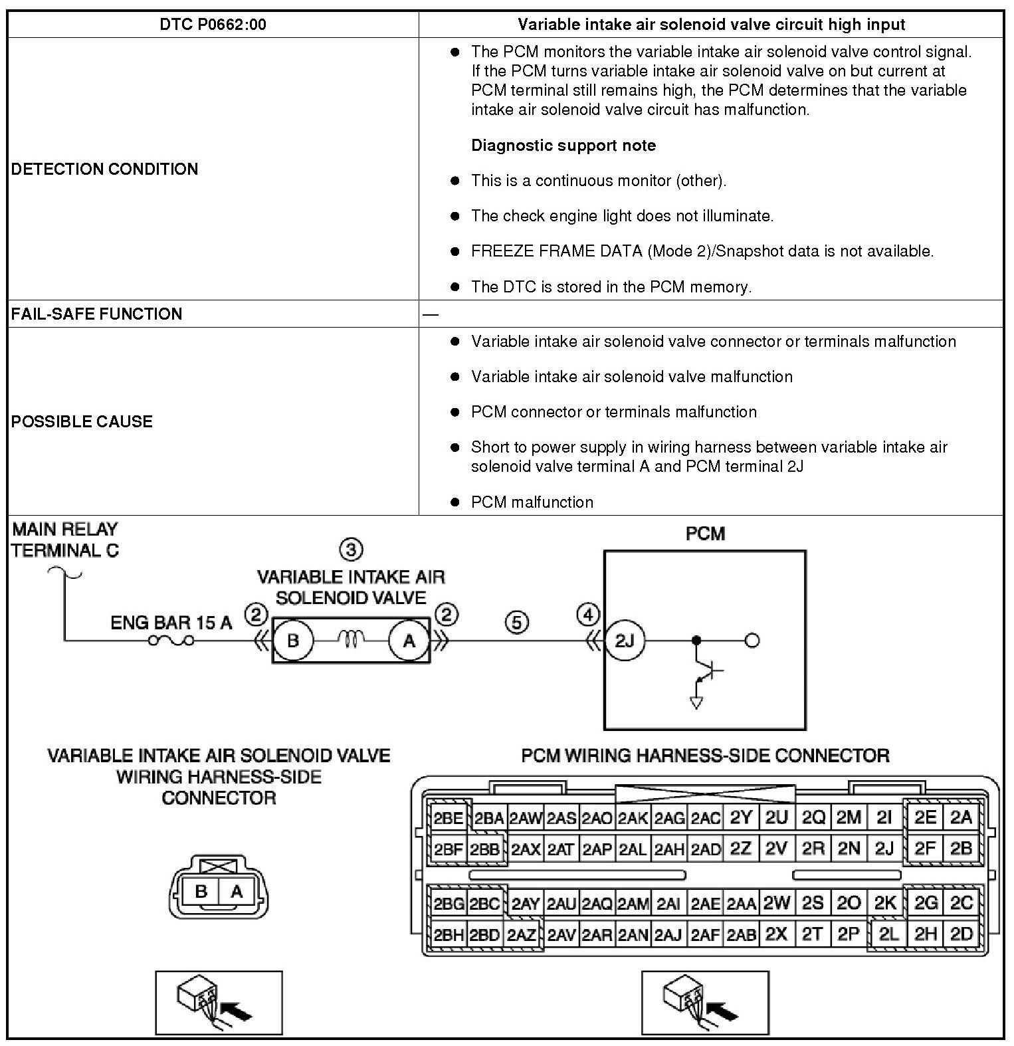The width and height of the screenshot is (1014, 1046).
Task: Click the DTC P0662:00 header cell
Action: pyautogui.click(x=213, y=25)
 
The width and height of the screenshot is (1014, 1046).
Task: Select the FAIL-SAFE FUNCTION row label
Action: pyautogui.click(x=96, y=314)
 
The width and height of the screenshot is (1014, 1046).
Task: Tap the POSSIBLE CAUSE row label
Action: pyautogui.click(x=82, y=421)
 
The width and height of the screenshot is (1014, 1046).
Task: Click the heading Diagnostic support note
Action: pyautogui.click(x=563, y=146)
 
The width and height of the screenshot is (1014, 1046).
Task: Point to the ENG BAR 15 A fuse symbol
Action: pyautogui.click(x=171, y=641)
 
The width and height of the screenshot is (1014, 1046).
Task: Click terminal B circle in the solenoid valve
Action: pyautogui.click(x=293, y=641)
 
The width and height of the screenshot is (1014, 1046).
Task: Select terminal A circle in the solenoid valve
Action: pyautogui.click(x=409, y=641)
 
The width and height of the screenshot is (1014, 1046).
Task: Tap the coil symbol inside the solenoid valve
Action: pyautogui.click(x=351, y=639)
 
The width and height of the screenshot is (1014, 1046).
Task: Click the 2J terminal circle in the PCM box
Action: pyautogui.click(x=624, y=641)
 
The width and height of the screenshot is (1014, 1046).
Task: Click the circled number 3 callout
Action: pyautogui.click(x=351, y=550)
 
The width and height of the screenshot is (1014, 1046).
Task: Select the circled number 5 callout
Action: pyautogui.click(x=517, y=623)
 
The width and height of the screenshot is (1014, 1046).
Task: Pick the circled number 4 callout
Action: pyautogui.click(x=588, y=615)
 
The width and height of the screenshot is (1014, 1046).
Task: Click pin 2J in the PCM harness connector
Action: pyautogui.click(x=884, y=849)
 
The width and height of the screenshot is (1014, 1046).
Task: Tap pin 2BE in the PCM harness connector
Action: pyautogui.click(x=448, y=818)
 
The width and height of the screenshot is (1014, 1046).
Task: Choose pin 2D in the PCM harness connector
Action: pyautogui.click(x=962, y=934)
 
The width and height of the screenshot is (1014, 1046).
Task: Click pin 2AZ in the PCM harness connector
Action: pyautogui.click(x=522, y=935)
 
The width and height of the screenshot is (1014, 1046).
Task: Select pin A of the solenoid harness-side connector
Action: pyautogui.click(x=237, y=892)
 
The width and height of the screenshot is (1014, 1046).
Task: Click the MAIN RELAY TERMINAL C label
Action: pyautogui.click(x=65, y=540)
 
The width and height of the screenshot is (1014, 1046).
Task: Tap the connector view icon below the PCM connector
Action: pyautogui.click(x=704, y=1003)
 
